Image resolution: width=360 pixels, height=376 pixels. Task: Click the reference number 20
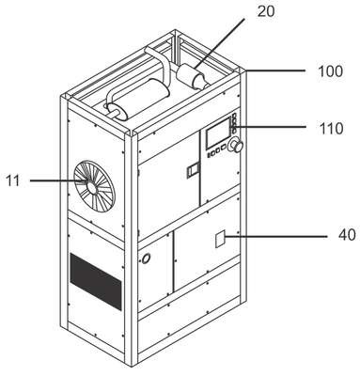(266, 11)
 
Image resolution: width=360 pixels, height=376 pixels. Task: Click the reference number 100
(331, 71)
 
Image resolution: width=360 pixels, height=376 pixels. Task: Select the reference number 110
(331, 129)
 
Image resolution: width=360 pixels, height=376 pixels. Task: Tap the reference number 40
(347, 235)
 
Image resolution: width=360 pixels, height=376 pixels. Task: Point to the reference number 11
(13, 181)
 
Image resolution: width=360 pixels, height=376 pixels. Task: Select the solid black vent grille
(96, 282)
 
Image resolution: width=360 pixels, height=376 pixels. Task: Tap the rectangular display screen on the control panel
(218, 133)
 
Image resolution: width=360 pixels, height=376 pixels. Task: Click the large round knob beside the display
(237, 146)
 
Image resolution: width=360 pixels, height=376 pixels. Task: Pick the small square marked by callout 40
(220, 239)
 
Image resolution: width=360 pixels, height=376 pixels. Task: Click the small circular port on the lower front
(146, 258)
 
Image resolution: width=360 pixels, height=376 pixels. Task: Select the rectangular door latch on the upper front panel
(193, 170)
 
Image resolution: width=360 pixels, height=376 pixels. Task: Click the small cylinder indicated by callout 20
(192, 78)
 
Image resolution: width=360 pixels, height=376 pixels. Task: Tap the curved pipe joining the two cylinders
(157, 63)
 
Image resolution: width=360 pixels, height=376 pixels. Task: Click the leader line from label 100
(275, 70)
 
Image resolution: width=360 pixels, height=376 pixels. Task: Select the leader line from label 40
(276, 237)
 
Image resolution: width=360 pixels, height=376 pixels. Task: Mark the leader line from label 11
(58, 180)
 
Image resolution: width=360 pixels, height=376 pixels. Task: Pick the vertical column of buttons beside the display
(234, 122)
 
